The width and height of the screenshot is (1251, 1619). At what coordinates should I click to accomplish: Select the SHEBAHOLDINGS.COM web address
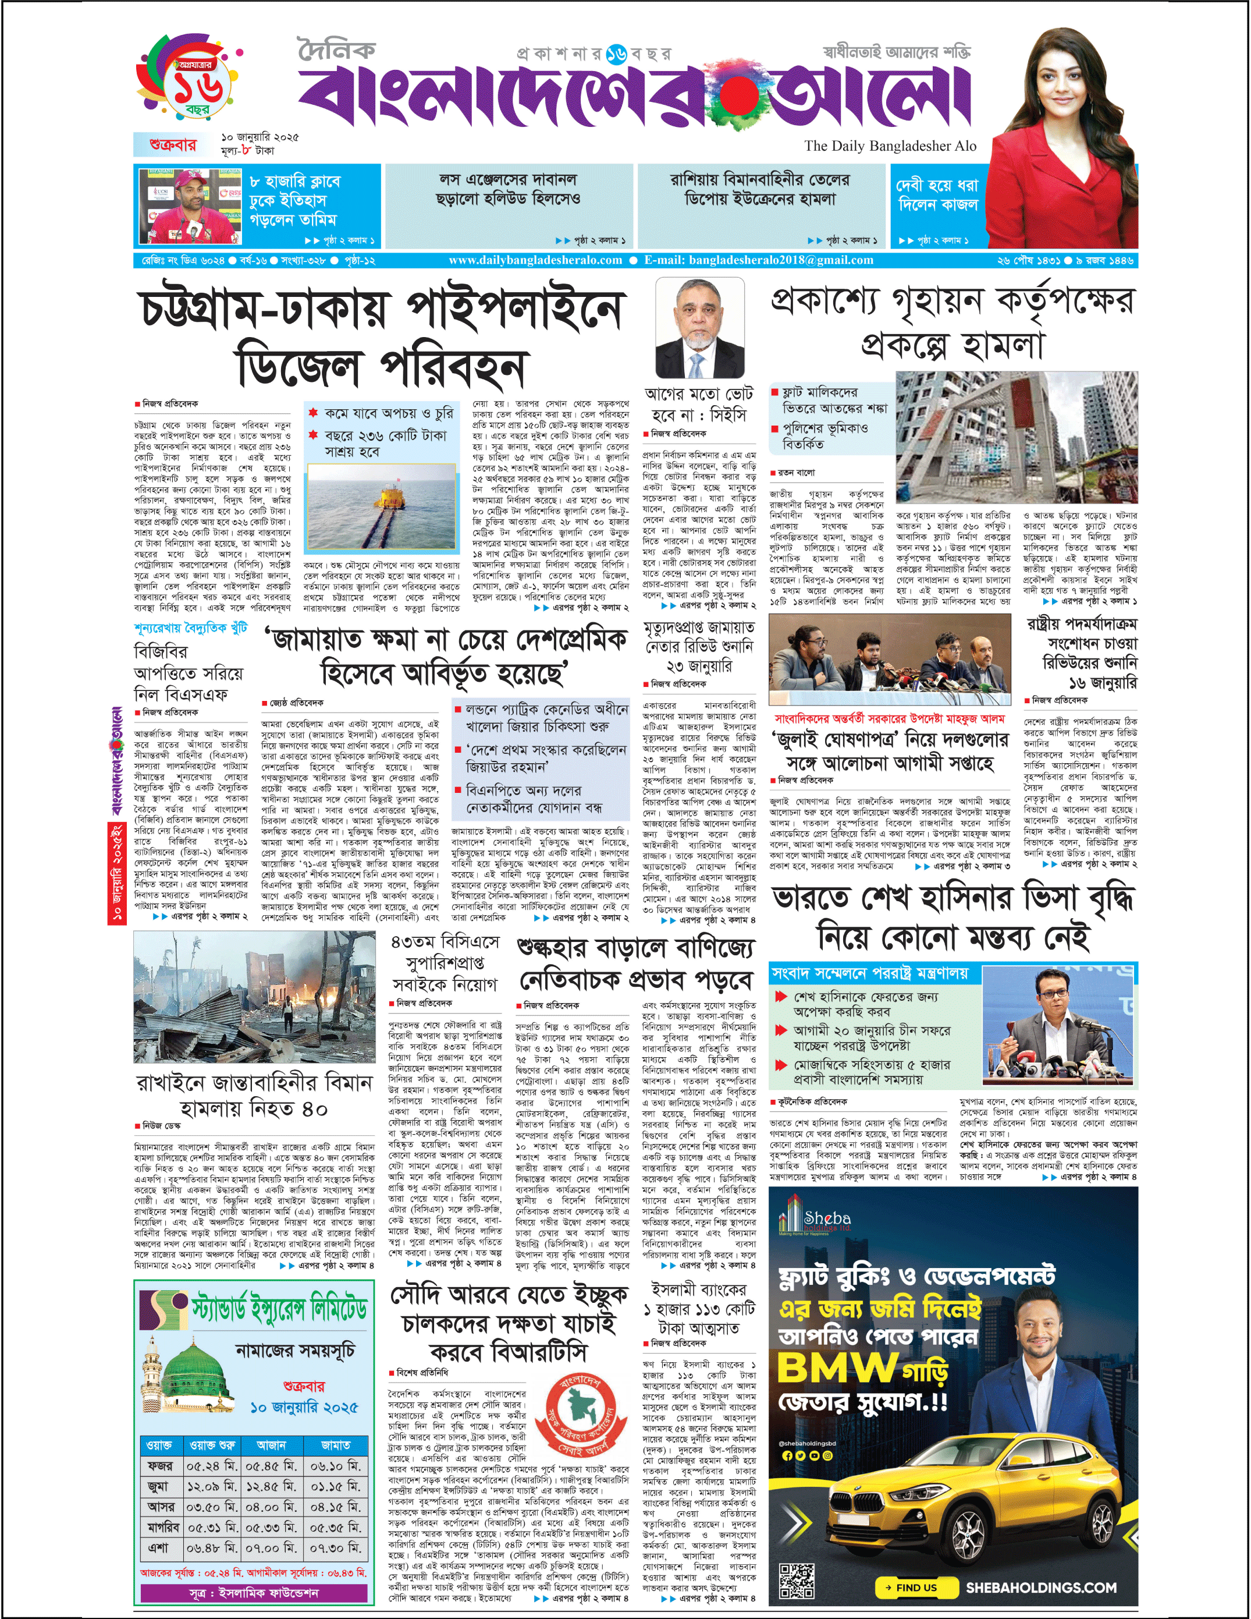[x=1040, y=1588]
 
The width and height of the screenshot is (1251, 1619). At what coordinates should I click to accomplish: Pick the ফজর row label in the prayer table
[x=159, y=1465]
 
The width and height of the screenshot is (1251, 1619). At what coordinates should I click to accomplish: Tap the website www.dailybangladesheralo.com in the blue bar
[x=535, y=260]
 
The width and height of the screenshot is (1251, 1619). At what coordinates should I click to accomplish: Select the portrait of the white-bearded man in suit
[x=696, y=330]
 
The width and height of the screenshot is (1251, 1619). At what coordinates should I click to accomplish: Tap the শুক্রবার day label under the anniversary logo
[x=173, y=144]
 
